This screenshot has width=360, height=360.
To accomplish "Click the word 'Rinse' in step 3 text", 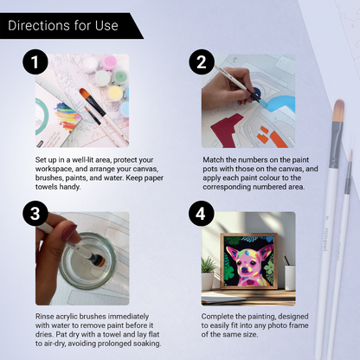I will [x=45, y=315].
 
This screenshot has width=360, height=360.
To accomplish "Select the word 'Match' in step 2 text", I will [x=214, y=160].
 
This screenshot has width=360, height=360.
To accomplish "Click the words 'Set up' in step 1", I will [x=47, y=160].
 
